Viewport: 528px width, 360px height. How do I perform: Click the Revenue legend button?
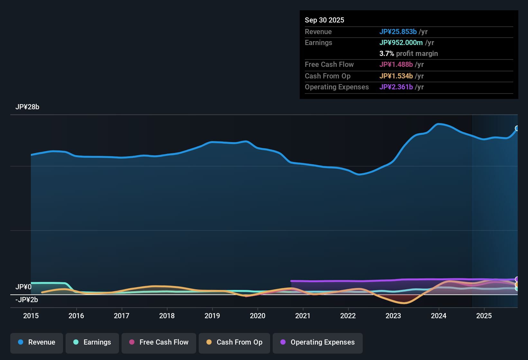[x=37, y=342]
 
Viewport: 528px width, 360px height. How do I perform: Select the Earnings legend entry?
[x=92, y=342]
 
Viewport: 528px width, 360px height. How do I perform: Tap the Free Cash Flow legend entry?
[x=159, y=342]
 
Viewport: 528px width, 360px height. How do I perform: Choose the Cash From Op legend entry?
[x=234, y=342]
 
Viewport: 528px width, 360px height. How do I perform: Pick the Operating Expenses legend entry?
[x=318, y=342]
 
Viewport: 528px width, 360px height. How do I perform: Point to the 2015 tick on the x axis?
[x=31, y=316]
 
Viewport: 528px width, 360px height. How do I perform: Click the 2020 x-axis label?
[x=258, y=316]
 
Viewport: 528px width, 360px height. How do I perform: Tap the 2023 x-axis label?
[x=393, y=316]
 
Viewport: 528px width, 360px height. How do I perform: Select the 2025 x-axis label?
[x=484, y=316]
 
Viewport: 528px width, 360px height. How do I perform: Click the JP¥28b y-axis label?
[x=27, y=107]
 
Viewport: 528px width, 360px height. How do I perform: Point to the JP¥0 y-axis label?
[x=23, y=287]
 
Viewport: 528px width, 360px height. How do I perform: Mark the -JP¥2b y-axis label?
[x=27, y=300]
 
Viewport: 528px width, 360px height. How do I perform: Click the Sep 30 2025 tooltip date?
[x=324, y=20]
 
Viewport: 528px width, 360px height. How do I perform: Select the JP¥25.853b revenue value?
[x=398, y=32]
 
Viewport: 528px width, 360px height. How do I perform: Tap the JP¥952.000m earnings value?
[x=401, y=42]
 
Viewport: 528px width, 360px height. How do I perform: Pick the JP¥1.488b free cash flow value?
[x=396, y=64]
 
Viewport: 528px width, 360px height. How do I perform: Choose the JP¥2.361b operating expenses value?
[x=396, y=87]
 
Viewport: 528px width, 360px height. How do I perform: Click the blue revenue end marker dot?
[x=517, y=128]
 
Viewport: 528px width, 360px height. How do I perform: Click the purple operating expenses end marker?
[x=517, y=279]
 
